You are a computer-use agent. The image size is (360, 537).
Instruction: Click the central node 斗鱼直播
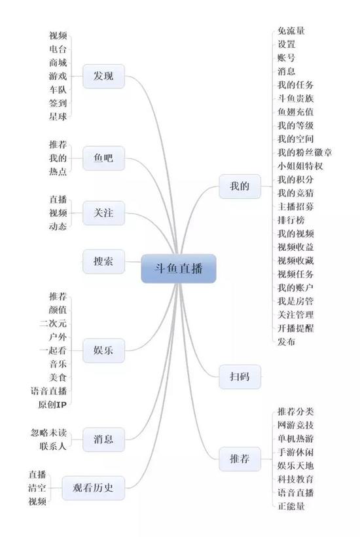pyautogui.click(x=179, y=268)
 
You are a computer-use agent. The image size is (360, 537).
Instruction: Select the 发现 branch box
pyautogui.click(x=103, y=76)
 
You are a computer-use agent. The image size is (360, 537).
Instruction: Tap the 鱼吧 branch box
pyautogui.click(x=103, y=158)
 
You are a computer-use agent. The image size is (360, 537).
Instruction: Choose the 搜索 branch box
pyautogui.click(x=103, y=262)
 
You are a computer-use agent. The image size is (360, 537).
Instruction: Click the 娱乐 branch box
pyautogui.click(x=103, y=350)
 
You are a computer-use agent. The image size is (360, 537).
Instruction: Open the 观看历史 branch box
pyautogui.click(x=93, y=488)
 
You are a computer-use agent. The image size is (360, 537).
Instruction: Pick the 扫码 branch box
pyautogui.click(x=240, y=377)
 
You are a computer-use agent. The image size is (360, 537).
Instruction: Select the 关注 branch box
pyautogui.click(x=103, y=213)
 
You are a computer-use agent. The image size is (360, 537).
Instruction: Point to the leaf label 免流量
pyautogui.click(x=291, y=31)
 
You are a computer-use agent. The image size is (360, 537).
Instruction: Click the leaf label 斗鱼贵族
pyautogui.click(x=295, y=99)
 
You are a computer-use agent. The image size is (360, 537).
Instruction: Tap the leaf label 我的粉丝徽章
pyautogui.click(x=304, y=153)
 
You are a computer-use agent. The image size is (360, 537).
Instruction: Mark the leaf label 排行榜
pyautogui.click(x=291, y=220)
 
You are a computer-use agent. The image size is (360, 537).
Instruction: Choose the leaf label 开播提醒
pyautogui.click(x=295, y=328)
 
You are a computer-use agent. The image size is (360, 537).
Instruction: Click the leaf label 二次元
pyautogui.click(x=53, y=324)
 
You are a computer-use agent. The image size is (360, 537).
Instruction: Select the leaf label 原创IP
pyautogui.click(x=52, y=405)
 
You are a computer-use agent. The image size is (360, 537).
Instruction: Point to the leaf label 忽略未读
pyautogui.click(x=49, y=433)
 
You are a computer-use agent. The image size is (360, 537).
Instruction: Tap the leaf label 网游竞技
pyautogui.click(x=295, y=425)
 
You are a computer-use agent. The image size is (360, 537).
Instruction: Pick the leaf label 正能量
pyautogui.click(x=291, y=506)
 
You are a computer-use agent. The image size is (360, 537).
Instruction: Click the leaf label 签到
pyautogui.click(x=58, y=103)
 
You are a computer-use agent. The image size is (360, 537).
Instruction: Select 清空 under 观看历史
pyautogui.click(x=37, y=488)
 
